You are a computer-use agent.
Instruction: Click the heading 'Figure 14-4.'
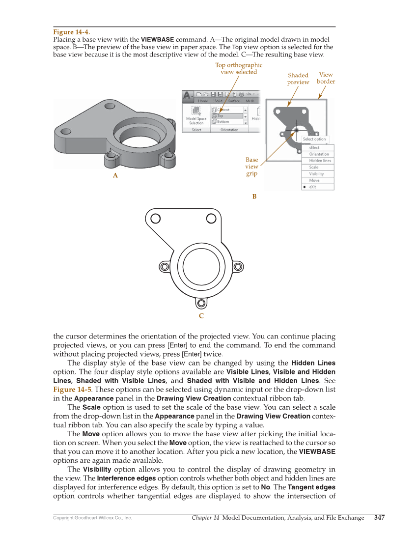click(71, 32)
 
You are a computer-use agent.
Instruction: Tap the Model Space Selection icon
click(196, 111)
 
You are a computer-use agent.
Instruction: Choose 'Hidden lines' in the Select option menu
click(320, 161)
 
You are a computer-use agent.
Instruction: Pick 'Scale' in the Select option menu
click(314, 167)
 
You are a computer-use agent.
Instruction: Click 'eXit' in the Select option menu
click(313, 187)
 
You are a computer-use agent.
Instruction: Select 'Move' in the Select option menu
click(314, 180)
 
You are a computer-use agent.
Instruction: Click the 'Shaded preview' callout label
click(298, 79)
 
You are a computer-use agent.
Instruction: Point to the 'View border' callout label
click(326, 78)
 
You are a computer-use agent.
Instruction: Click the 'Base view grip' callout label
click(251, 167)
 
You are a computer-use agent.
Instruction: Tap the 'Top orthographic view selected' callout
click(239, 68)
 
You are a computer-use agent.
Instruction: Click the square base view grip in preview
click(296, 131)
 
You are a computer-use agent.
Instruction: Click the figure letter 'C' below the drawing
click(201, 316)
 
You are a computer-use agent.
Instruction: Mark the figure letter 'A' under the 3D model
click(115, 175)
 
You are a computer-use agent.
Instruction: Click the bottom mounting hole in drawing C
click(201, 302)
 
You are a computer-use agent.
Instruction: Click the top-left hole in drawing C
click(156, 218)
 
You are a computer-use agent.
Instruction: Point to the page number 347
click(379, 517)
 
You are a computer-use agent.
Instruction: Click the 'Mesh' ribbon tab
click(250, 101)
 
